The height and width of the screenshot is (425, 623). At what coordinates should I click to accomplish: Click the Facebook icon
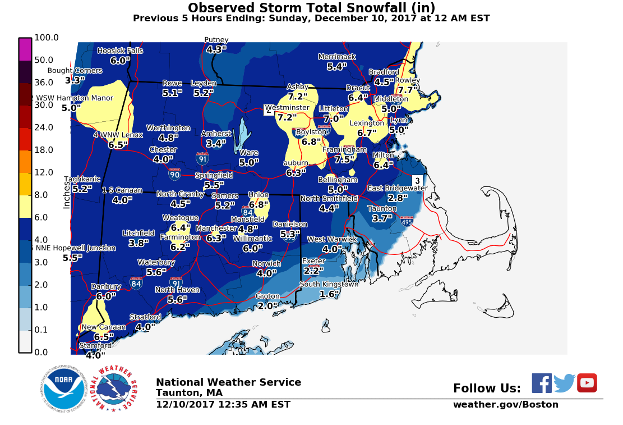[542, 383]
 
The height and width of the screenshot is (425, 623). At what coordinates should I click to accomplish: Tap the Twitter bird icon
[564, 383]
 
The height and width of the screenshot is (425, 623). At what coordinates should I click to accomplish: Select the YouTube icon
[587, 383]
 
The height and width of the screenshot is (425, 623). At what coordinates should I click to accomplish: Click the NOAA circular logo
[60, 389]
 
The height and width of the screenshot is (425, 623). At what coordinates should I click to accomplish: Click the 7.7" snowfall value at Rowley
[409, 90]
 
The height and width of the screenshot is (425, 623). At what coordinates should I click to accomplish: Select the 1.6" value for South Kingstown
[330, 294]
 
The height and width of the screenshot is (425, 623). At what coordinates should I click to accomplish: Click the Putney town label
[216, 40]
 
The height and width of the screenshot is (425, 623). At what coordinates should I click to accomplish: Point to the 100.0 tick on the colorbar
[47, 38]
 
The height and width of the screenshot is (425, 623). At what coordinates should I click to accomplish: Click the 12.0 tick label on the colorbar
[44, 172]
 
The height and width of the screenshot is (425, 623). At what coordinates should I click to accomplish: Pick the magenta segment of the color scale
[25, 49]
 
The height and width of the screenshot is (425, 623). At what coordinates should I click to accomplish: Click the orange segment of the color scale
[25, 161]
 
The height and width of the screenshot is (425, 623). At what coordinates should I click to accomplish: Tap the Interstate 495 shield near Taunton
[407, 221]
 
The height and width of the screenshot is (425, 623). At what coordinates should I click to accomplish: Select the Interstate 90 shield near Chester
[175, 174]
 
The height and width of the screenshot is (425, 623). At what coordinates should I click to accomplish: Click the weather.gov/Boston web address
[505, 405]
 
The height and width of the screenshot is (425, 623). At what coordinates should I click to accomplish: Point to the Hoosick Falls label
[120, 51]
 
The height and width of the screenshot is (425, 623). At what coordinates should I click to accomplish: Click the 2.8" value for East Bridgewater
[397, 198]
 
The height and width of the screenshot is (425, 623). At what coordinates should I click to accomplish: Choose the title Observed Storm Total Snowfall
[311, 8]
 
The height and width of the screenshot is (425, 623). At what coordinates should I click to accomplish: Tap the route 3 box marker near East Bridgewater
[417, 181]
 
